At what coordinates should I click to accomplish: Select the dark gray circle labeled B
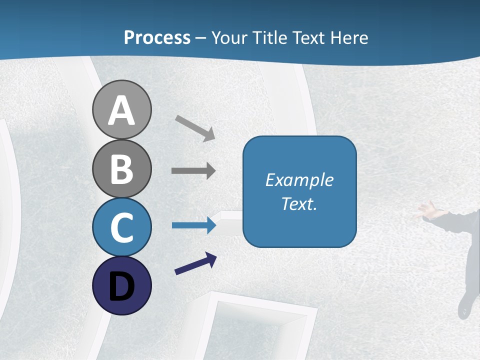coord(121,169)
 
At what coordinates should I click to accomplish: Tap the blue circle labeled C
coord(121,227)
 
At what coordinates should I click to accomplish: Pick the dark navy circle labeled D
coord(121,285)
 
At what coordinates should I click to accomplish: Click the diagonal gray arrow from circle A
coord(195,128)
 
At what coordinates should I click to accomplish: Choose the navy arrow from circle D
coord(195,263)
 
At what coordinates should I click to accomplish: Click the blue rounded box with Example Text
coord(299,191)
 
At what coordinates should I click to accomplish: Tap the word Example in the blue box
coord(299,180)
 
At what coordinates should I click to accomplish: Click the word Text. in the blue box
coord(299,204)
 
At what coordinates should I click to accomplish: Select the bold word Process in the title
coord(157,37)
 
